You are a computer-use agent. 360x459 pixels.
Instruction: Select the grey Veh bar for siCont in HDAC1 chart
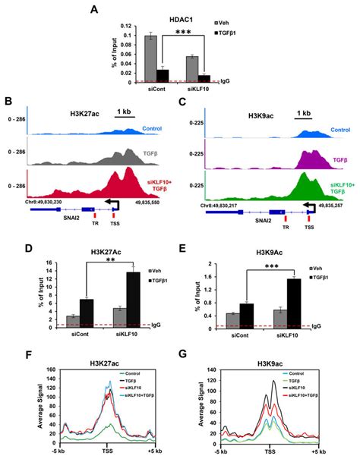[x=150, y=58]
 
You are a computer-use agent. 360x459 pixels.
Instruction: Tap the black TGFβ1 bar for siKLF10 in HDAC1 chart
[x=204, y=78]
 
